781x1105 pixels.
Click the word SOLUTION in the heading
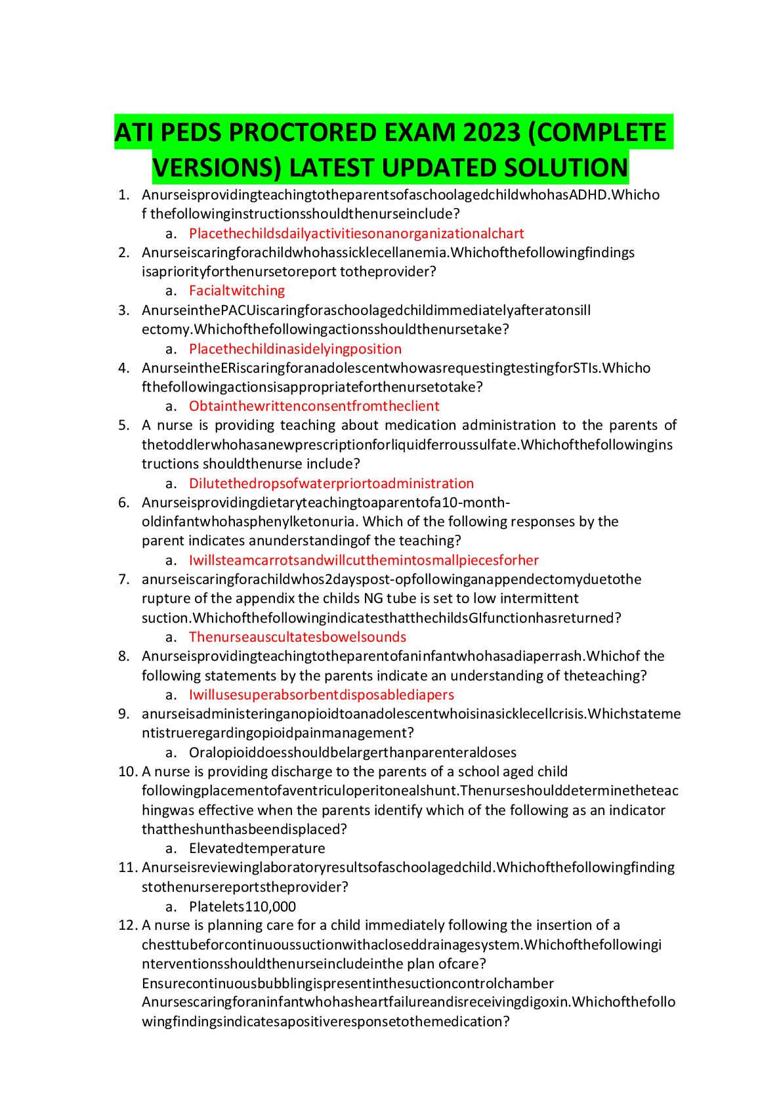[x=566, y=168]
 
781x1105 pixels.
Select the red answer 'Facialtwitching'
[x=237, y=291]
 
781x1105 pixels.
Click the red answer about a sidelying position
[x=295, y=349]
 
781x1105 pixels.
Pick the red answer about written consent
[x=314, y=406]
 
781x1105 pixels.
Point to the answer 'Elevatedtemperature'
[x=257, y=848]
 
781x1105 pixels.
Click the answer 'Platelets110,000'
[x=242, y=906]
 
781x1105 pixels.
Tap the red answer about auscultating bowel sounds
[x=297, y=637]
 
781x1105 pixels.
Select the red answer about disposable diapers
[x=321, y=695]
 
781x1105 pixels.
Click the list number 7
[x=124, y=579]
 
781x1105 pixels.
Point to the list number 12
[x=127, y=925]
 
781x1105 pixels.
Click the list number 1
[x=124, y=195]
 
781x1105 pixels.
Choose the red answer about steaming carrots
[x=364, y=560]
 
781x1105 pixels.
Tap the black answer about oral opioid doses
[x=352, y=752]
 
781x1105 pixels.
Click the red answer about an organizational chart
[x=356, y=234]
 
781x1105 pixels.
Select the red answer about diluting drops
[x=331, y=484]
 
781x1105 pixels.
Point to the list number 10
[x=127, y=772]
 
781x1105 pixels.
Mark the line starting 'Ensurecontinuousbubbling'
[x=348, y=983]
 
